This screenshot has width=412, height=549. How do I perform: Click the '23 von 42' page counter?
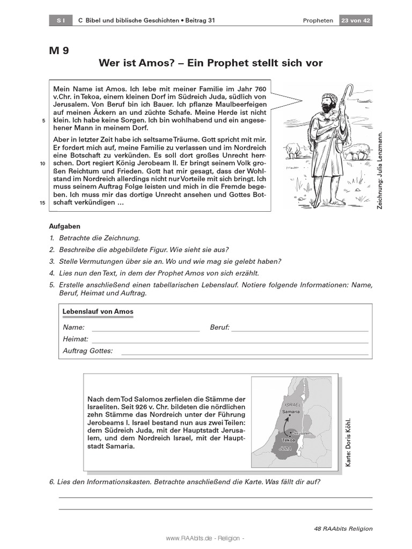tap(355, 20)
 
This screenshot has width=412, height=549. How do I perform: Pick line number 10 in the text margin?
tap(42, 164)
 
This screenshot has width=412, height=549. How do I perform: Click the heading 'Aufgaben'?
tap(64, 226)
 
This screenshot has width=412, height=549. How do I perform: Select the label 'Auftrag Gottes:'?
tap(88, 351)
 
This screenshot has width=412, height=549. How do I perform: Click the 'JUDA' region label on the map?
tap(286, 446)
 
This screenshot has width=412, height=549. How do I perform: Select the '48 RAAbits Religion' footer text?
tap(343, 529)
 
